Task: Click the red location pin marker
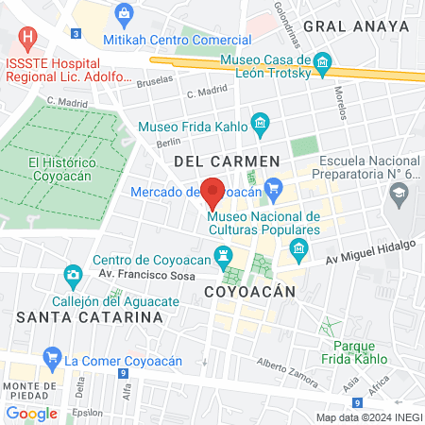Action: tap(213, 193)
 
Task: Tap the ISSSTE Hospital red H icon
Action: tap(29, 40)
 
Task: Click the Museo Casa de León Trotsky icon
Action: tap(323, 66)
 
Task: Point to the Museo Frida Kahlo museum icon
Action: tap(261, 125)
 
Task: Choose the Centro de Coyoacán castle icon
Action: tap(223, 254)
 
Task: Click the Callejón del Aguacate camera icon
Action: tap(72, 276)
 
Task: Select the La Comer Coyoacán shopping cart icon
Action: tap(50, 359)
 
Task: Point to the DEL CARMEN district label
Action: tap(227, 161)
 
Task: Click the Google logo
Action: tap(31, 413)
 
